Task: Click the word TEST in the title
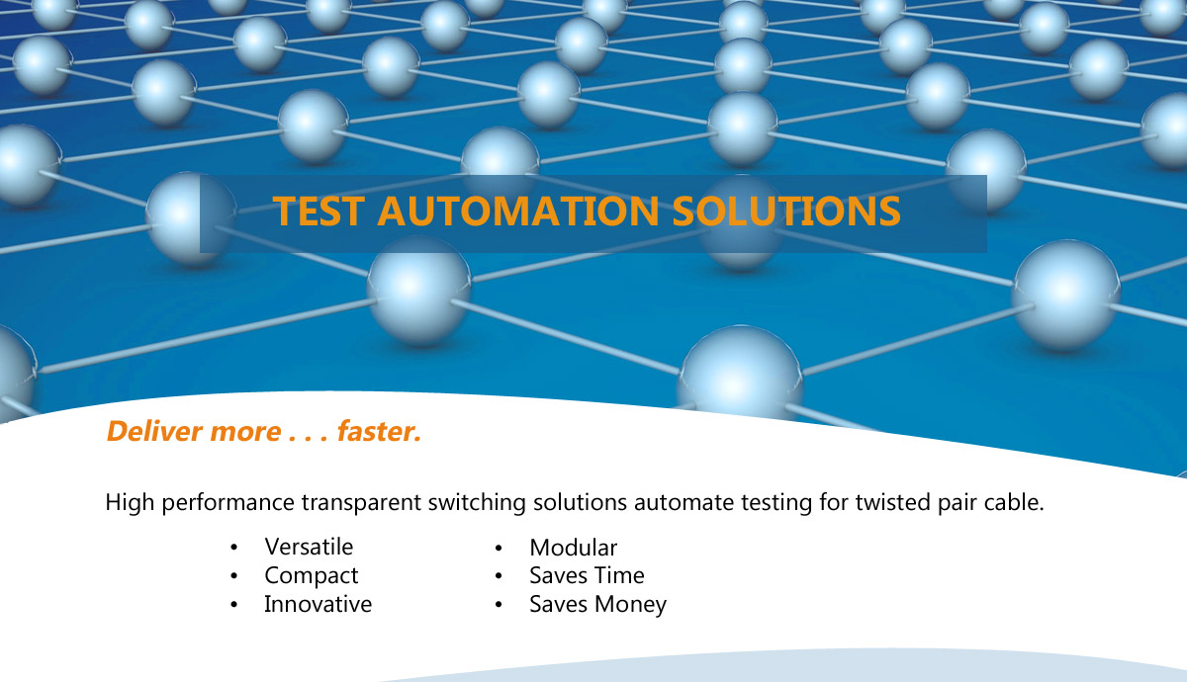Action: point(319,211)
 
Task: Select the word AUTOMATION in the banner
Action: point(518,211)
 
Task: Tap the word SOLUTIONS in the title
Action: point(787,211)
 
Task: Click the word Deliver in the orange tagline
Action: point(154,431)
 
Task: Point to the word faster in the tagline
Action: point(379,431)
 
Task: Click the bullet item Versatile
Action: point(309,547)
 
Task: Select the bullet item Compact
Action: point(312,576)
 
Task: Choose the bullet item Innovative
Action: point(318,604)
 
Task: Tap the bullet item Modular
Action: point(574,548)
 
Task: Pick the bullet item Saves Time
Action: point(588,575)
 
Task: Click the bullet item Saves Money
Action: point(598,605)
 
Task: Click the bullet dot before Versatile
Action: point(233,548)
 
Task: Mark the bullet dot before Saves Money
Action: point(499,605)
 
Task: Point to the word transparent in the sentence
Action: point(361,502)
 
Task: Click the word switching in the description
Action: point(477,502)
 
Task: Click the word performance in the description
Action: point(228,503)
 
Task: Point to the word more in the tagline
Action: point(246,433)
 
